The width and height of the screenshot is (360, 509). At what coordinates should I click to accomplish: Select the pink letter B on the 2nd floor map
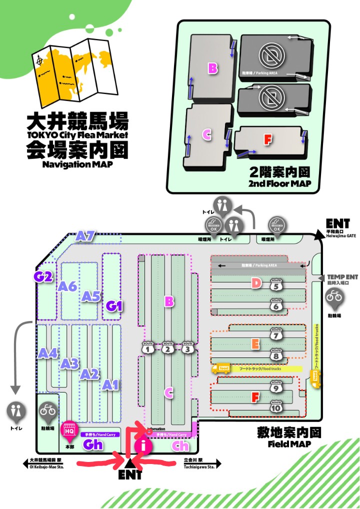(213, 68)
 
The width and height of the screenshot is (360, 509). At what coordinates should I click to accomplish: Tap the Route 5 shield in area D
(275, 285)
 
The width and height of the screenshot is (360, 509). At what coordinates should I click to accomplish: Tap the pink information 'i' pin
(143, 446)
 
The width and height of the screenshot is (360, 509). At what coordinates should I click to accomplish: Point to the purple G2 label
(43, 276)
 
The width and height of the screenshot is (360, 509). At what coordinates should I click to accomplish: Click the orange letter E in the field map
(255, 344)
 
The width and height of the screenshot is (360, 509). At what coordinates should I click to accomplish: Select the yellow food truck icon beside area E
(220, 368)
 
